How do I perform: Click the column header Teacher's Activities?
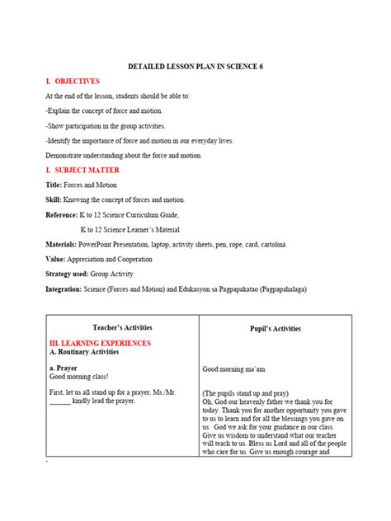click(x=122, y=327)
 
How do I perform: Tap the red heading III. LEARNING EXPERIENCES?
click(x=100, y=341)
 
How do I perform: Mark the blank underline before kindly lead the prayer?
click(x=59, y=404)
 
